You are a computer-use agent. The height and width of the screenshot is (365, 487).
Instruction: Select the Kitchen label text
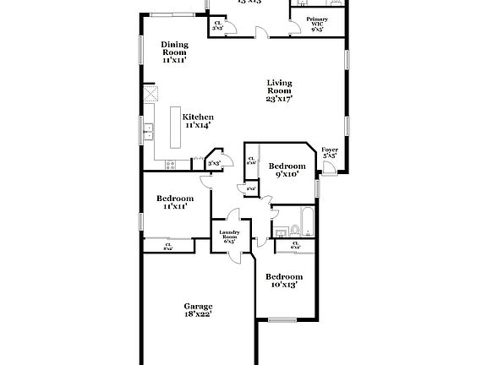click(198, 117)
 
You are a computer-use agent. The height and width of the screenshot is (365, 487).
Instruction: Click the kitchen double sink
click(148, 131)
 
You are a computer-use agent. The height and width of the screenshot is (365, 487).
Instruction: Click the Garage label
click(199, 306)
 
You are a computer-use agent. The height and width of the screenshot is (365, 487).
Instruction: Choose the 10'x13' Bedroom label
click(283, 276)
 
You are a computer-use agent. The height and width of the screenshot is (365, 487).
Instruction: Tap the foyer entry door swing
click(330, 168)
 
